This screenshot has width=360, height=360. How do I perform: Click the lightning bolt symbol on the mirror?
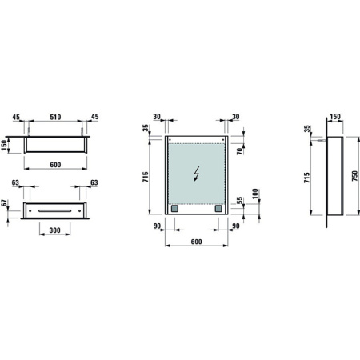pos(197,174)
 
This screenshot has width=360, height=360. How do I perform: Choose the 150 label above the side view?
pos(334,116)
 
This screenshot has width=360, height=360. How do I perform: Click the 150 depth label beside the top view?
pos(5,146)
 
